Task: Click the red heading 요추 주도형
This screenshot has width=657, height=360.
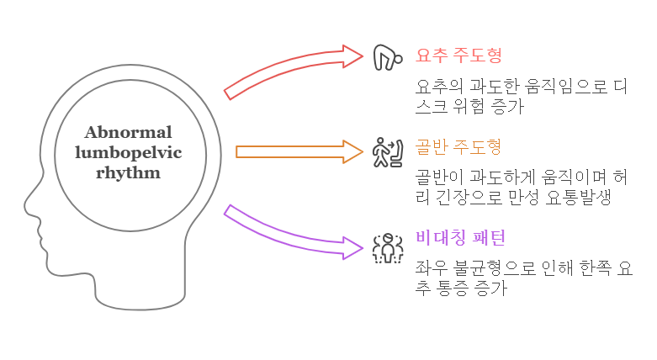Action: click(458, 56)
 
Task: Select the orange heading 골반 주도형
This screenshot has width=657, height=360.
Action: click(458, 147)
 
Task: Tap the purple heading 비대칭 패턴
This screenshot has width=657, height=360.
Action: click(460, 238)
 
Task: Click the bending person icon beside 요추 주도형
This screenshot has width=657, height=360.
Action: click(385, 56)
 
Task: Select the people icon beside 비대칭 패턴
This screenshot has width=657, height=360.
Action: click(387, 247)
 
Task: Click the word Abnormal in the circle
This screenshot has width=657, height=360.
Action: click(128, 133)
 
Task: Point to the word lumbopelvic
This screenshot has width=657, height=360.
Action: click(128, 152)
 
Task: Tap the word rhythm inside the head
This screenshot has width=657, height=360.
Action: click(128, 172)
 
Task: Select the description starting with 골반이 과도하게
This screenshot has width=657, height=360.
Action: click(521, 188)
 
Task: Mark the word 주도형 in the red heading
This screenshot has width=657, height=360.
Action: click(480, 56)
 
